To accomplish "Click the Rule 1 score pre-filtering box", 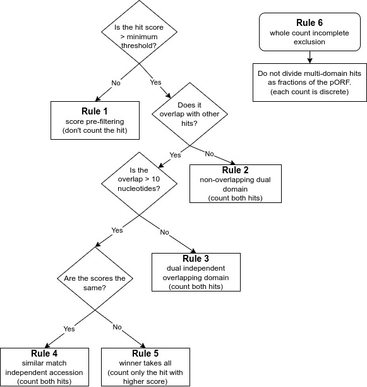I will [x=95, y=118].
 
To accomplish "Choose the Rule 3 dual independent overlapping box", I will [x=196, y=272].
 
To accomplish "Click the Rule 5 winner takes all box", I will [x=146, y=367].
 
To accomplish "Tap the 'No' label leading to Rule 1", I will [x=117, y=82].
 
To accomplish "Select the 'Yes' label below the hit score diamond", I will [x=155, y=82].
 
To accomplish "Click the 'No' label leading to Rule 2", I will [x=208, y=153].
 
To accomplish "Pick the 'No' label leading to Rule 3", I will [x=164, y=232].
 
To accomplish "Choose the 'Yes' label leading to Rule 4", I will [x=69, y=328].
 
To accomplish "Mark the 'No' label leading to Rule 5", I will [x=117, y=328].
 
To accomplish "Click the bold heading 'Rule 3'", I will [x=196, y=259].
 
